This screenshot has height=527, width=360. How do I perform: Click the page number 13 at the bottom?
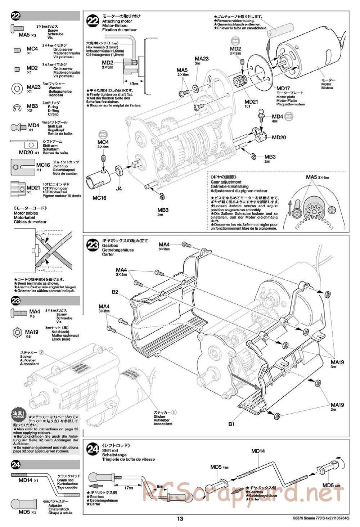coord(180,519)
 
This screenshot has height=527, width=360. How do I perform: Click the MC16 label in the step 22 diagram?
coord(99,198)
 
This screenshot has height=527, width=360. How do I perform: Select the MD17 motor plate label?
coord(283,89)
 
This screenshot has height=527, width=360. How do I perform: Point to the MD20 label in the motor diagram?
coord(279,137)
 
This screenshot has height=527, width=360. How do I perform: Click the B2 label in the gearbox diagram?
coord(115,292)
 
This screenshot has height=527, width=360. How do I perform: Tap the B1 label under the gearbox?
coord(231,424)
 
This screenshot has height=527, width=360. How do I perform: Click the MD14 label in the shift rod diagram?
coord(258,451)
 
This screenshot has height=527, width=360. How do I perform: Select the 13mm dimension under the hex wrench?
coord(134,84)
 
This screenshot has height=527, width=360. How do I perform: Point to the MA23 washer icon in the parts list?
coord(17,88)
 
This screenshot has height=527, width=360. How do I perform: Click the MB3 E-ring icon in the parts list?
coord(17,108)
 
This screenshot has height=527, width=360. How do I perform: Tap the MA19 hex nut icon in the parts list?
coord(17,332)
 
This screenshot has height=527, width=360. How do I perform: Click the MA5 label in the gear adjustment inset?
coord(312,177)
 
